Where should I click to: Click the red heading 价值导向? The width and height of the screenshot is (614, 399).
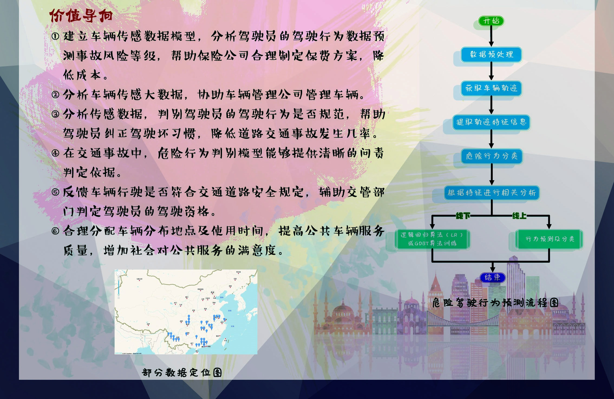81,15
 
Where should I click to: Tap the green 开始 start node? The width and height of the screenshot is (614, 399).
491,21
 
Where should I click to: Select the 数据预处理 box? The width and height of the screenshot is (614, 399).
491,54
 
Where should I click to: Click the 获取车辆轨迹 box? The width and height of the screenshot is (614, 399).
491,88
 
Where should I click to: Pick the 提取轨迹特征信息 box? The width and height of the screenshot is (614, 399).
491,122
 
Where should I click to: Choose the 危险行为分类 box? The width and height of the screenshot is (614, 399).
492,156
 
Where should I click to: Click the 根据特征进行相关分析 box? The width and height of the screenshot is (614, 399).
492,193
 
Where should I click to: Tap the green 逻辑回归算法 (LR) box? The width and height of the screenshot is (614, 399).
432,239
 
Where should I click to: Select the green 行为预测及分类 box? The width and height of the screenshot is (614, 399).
549,239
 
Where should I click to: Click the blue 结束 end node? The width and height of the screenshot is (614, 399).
492,278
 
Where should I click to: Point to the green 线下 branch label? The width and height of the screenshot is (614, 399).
463,216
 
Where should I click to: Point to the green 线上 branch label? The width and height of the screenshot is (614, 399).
519,216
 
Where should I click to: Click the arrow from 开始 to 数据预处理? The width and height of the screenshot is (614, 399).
491,37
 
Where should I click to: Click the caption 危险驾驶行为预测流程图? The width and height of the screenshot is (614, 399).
495,302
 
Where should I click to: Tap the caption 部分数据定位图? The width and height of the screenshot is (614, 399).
182,372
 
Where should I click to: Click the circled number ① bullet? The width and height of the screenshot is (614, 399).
55,36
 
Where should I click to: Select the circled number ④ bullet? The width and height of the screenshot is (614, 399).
55,153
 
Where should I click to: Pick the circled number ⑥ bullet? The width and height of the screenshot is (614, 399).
55,231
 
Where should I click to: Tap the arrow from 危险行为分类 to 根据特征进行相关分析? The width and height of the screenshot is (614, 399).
492,174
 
